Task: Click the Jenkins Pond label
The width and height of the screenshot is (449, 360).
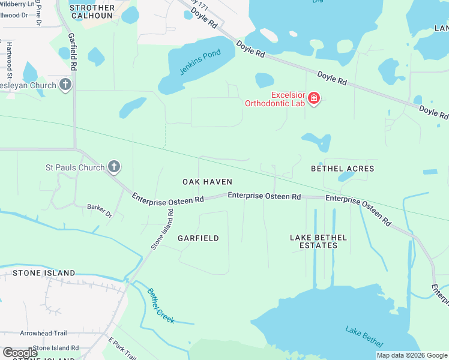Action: coord(200,62)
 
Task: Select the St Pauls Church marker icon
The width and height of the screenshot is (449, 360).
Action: coord(114,167)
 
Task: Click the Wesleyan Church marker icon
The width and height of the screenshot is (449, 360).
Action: coord(66,85)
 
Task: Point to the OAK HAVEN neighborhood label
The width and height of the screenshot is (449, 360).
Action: coord(207,182)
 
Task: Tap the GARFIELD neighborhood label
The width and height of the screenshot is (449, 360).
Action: coord(198,238)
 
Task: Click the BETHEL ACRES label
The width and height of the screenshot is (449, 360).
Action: coord(342,169)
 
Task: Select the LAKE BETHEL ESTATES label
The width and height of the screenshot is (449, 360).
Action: coord(318,241)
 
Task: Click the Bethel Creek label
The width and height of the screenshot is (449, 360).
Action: coord(161,306)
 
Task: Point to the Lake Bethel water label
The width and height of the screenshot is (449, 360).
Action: coord(364,336)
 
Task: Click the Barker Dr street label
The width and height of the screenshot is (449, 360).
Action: coord(100,210)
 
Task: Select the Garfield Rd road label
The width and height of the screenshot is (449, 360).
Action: coord(73,52)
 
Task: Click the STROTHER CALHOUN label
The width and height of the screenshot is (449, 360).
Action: coord(92,11)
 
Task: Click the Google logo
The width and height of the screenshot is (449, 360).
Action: coord(20,352)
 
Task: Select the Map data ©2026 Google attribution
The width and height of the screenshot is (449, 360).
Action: coord(411,355)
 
